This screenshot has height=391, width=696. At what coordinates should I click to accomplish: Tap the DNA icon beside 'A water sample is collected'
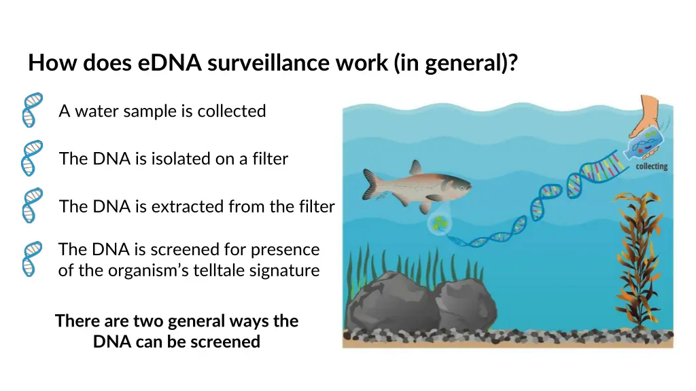point(31,110)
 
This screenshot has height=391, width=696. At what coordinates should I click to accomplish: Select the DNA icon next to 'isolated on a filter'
point(31,158)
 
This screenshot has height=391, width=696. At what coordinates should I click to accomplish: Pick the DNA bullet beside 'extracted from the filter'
point(31,206)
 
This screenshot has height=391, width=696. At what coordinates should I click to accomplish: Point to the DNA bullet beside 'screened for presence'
point(31,259)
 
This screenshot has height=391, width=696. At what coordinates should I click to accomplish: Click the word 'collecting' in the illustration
point(651,166)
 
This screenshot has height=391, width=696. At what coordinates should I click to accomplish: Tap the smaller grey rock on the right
point(462,305)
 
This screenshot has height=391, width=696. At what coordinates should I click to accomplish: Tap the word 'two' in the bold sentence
point(147,320)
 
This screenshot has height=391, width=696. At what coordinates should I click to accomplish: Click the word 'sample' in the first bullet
point(138,111)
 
